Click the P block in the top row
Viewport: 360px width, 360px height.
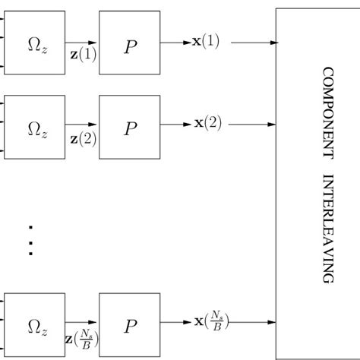130,43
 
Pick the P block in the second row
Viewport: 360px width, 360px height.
130,126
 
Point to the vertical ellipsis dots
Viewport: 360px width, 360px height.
30,240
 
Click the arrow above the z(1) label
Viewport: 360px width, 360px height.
82,43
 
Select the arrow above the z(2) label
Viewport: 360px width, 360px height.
82,126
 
